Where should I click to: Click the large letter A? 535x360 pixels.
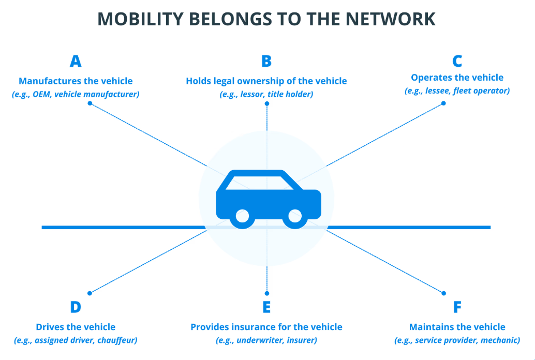point(76,62)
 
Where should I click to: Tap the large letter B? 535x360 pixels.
point(266,62)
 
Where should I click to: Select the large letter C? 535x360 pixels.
point(457,62)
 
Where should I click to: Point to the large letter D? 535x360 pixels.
point(76,307)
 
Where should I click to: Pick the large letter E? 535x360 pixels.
point(266,307)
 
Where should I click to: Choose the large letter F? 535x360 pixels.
point(457,307)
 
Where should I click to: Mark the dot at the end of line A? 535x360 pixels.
point(90,103)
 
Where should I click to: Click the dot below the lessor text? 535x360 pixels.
point(266,103)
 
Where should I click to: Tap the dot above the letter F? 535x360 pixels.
point(444,293)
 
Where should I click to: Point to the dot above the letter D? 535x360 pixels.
point(90,293)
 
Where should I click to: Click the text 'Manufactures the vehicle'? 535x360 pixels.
point(76,81)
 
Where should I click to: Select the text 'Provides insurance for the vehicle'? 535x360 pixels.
point(266,327)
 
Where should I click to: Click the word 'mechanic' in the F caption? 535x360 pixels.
point(500,340)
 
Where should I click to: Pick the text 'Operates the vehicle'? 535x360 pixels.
point(457,78)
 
